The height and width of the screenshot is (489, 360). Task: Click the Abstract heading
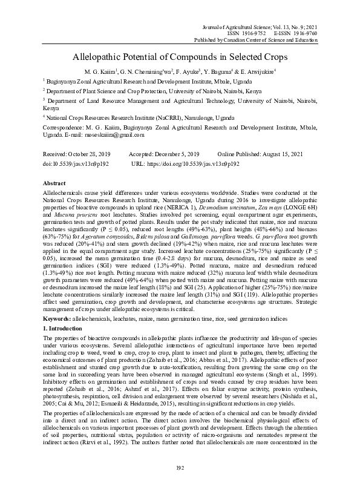tap(55, 182)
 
